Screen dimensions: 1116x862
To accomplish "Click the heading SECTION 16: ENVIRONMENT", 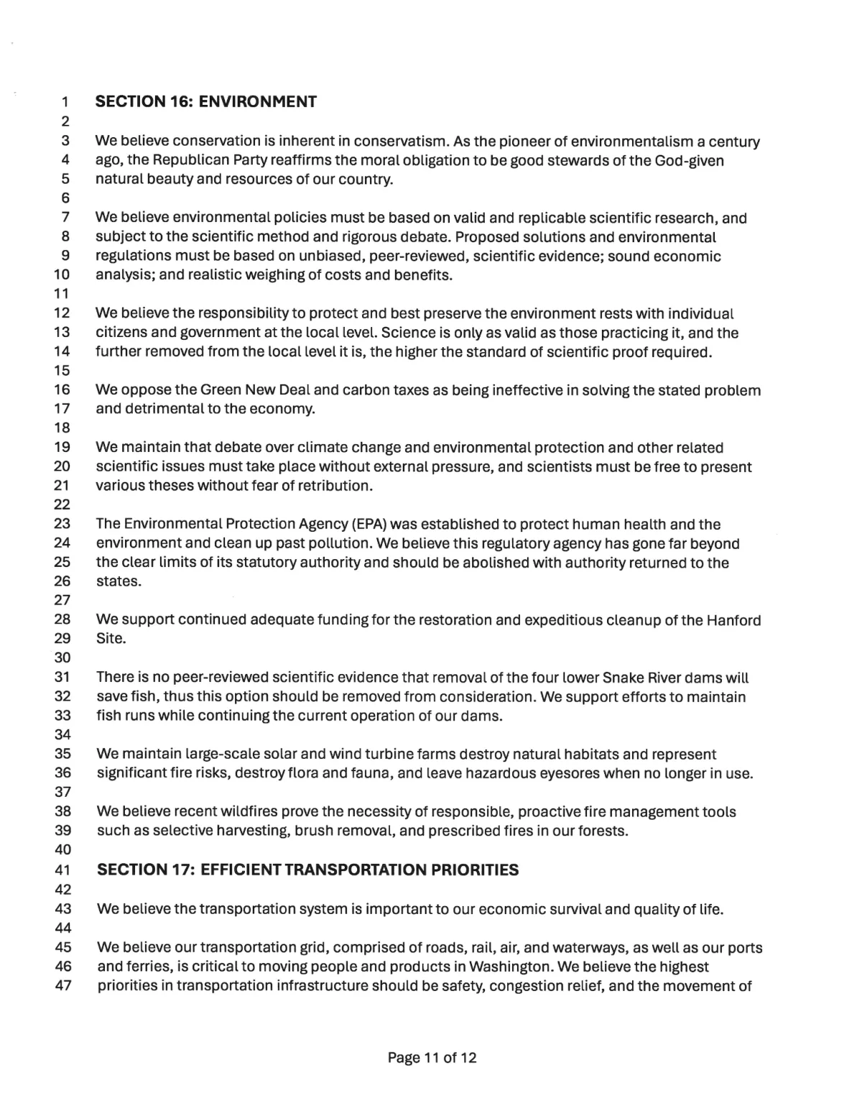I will tap(206, 101).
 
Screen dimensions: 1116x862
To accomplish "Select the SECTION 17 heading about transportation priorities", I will tap(307, 870).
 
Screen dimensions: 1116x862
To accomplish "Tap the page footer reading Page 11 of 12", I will tap(432, 1057).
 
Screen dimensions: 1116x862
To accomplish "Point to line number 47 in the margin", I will tap(63, 985).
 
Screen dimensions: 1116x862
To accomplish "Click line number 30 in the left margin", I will tap(63, 658).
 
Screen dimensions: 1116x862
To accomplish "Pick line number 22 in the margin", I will tap(63, 504).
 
